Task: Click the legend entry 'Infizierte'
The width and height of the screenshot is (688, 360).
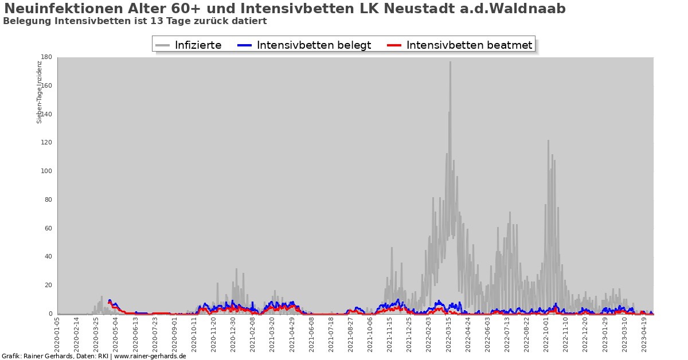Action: pyautogui.click(x=198, y=45)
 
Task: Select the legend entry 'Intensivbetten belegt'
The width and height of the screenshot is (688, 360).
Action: pyautogui.click(x=314, y=45)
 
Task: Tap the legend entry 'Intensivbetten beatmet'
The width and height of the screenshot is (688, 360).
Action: pyautogui.click(x=469, y=45)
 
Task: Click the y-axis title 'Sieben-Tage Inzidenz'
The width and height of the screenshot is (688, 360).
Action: pyautogui.click(x=40, y=92)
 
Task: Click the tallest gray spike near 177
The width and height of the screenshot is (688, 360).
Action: pyautogui.click(x=450, y=62)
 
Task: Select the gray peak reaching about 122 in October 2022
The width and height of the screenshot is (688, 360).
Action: pyautogui.click(x=548, y=141)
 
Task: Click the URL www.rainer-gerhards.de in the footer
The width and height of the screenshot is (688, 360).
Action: pyautogui.click(x=150, y=356)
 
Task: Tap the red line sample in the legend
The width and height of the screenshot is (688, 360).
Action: pyautogui.click(x=394, y=45)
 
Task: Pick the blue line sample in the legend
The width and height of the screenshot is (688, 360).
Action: pyautogui.click(x=245, y=45)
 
